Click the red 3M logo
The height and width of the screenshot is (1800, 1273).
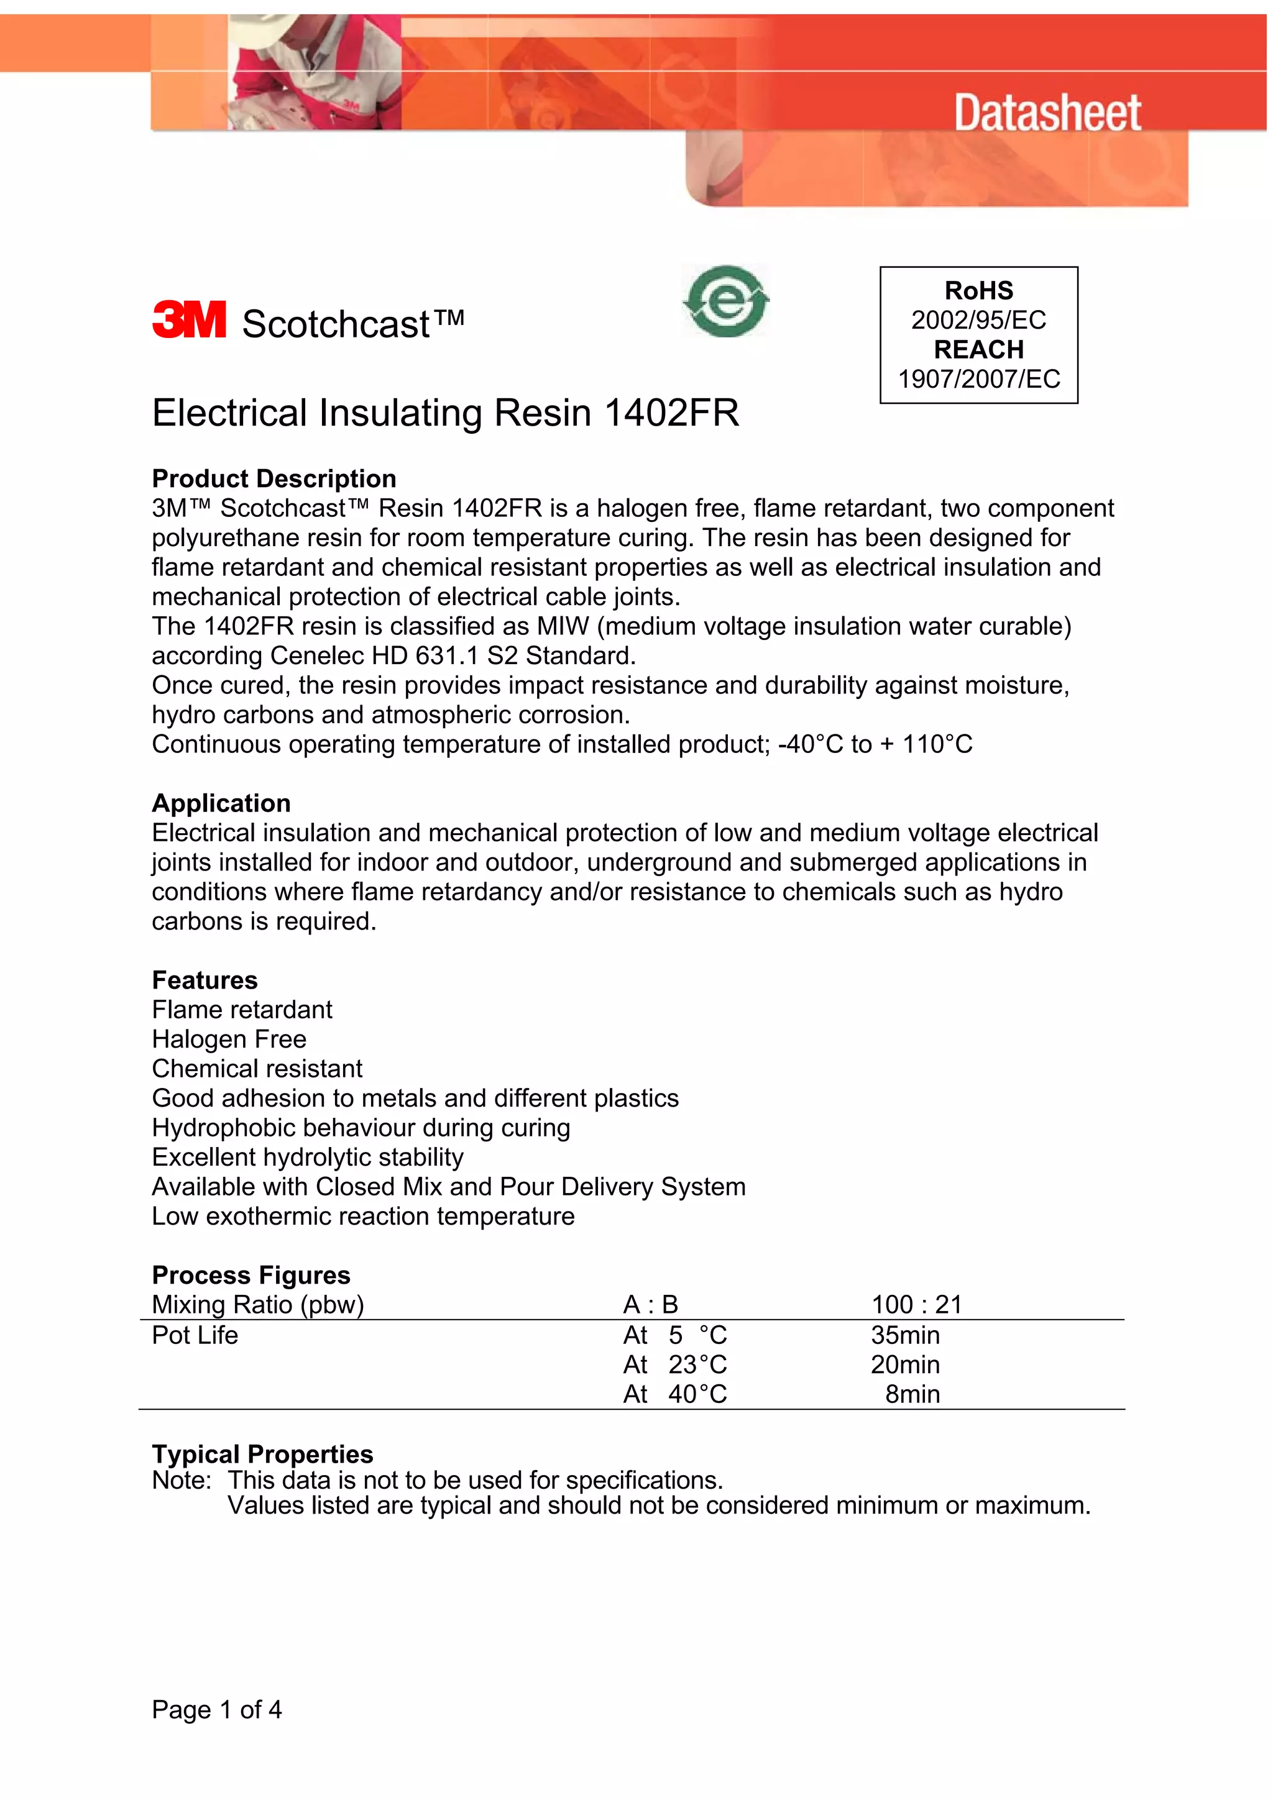(188, 320)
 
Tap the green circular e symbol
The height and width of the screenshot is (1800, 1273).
(726, 302)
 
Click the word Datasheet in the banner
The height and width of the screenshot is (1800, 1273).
(1047, 114)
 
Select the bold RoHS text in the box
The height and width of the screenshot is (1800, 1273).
(978, 291)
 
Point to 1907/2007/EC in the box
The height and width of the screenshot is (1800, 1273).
(978, 380)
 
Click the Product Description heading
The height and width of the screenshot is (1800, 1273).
(273, 479)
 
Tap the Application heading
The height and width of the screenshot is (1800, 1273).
(221, 803)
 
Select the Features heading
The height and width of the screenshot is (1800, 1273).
(205, 980)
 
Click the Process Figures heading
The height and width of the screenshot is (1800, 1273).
(251, 1276)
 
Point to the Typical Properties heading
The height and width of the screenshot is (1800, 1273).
(262, 1455)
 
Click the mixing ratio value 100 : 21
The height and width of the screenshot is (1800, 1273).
(916, 1305)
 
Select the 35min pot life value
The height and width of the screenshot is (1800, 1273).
(905, 1336)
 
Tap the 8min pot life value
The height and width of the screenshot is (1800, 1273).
(912, 1395)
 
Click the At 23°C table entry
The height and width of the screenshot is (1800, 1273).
(675, 1366)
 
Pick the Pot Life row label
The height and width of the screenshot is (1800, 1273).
(195, 1336)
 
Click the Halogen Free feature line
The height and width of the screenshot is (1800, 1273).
(229, 1039)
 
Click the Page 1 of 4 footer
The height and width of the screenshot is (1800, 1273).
(216, 1710)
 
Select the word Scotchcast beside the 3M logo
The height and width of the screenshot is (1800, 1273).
(336, 324)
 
